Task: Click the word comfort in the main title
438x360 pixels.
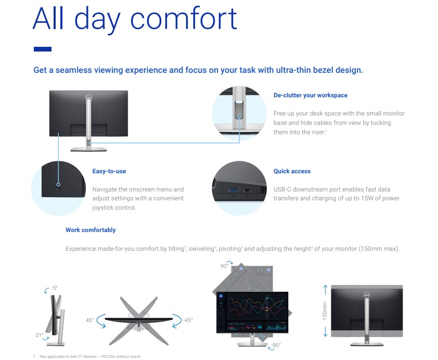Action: click(184, 19)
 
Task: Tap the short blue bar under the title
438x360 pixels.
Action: click(43, 49)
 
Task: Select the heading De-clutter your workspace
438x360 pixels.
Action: click(311, 95)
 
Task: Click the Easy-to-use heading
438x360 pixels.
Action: click(109, 171)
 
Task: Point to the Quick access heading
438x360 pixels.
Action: click(292, 171)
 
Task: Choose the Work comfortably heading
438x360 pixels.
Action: click(91, 230)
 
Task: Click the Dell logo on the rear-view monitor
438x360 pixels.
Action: click(88, 97)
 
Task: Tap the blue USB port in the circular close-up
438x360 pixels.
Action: click(233, 190)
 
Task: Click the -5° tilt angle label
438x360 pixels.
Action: click(54, 288)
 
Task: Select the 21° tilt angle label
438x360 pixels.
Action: click(40, 335)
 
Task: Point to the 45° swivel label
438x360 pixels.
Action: click(89, 320)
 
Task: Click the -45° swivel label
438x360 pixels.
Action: click(188, 320)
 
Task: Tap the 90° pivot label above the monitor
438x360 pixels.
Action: click(224, 266)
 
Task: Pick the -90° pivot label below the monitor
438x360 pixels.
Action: click(276, 345)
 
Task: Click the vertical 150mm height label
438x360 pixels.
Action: click(325, 311)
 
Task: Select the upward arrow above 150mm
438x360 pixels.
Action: click(325, 290)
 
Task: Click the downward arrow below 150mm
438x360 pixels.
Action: click(325, 331)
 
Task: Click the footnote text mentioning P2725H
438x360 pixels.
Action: click(90, 356)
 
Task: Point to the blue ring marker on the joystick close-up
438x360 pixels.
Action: click(58, 184)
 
